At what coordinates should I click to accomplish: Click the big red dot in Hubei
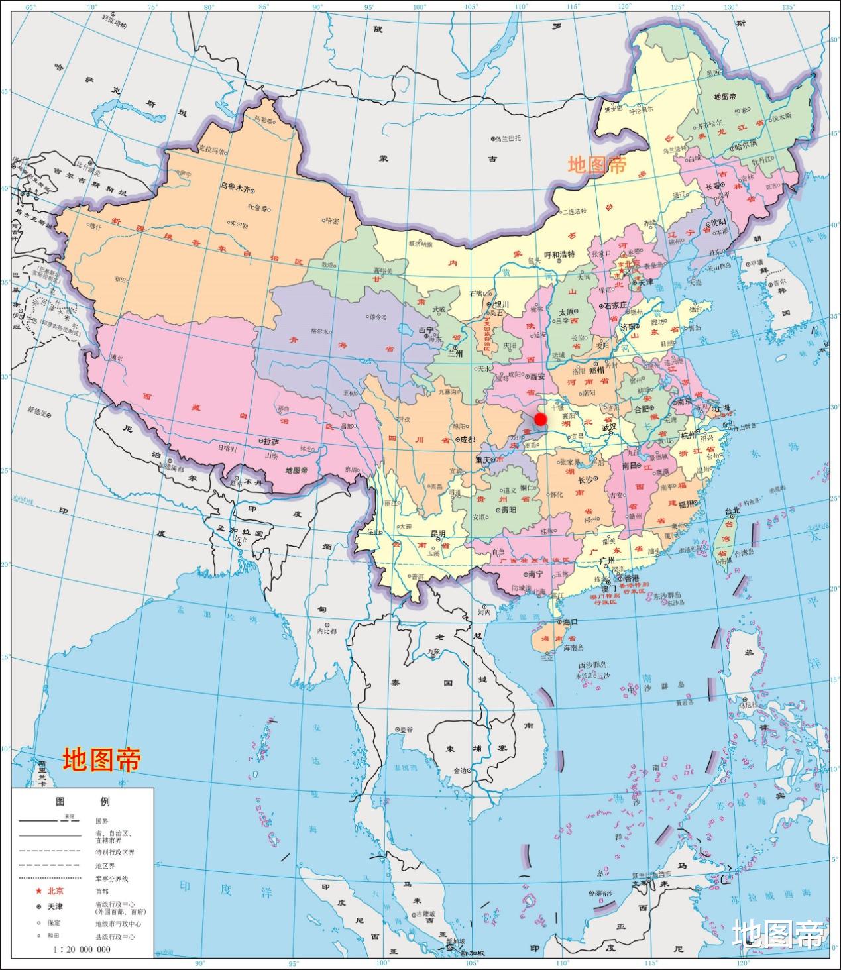click(540, 419)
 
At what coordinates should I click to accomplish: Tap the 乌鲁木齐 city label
click(236, 188)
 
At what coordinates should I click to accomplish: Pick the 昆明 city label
click(438, 533)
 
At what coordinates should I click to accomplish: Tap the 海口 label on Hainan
click(571, 621)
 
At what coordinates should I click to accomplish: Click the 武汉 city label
click(609, 427)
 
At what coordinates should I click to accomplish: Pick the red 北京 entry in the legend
click(56, 891)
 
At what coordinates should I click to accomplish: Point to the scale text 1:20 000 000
click(82, 949)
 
